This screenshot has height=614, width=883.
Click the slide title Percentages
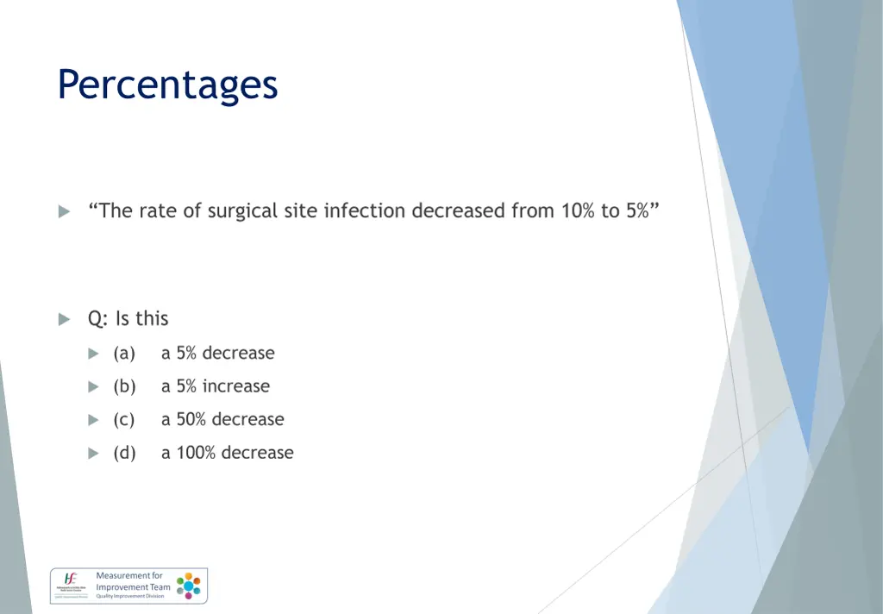pos(167,85)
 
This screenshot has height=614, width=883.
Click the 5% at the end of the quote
pos(638,211)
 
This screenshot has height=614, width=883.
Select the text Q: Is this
pos(128,319)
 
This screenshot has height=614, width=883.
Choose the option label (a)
pos(124,354)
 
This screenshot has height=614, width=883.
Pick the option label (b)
pos(124,387)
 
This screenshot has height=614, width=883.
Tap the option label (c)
pos(124,420)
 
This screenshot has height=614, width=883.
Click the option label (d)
pos(124,453)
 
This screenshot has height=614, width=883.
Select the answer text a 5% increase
pos(216,387)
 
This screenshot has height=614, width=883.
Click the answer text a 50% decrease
pos(222,420)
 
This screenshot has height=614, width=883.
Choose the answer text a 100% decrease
pos(228,453)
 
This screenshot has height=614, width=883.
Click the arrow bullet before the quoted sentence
pos(64,212)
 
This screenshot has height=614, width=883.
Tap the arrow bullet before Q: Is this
pos(64,319)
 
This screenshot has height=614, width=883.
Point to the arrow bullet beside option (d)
pos(93,454)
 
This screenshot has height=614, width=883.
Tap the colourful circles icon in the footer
pos(189,586)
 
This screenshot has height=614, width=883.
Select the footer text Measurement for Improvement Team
pos(132,581)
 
